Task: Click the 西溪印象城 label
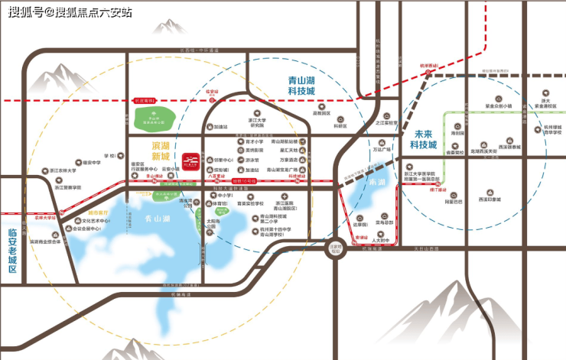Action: (x=489, y=199)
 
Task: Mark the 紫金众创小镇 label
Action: (x=498, y=105)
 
